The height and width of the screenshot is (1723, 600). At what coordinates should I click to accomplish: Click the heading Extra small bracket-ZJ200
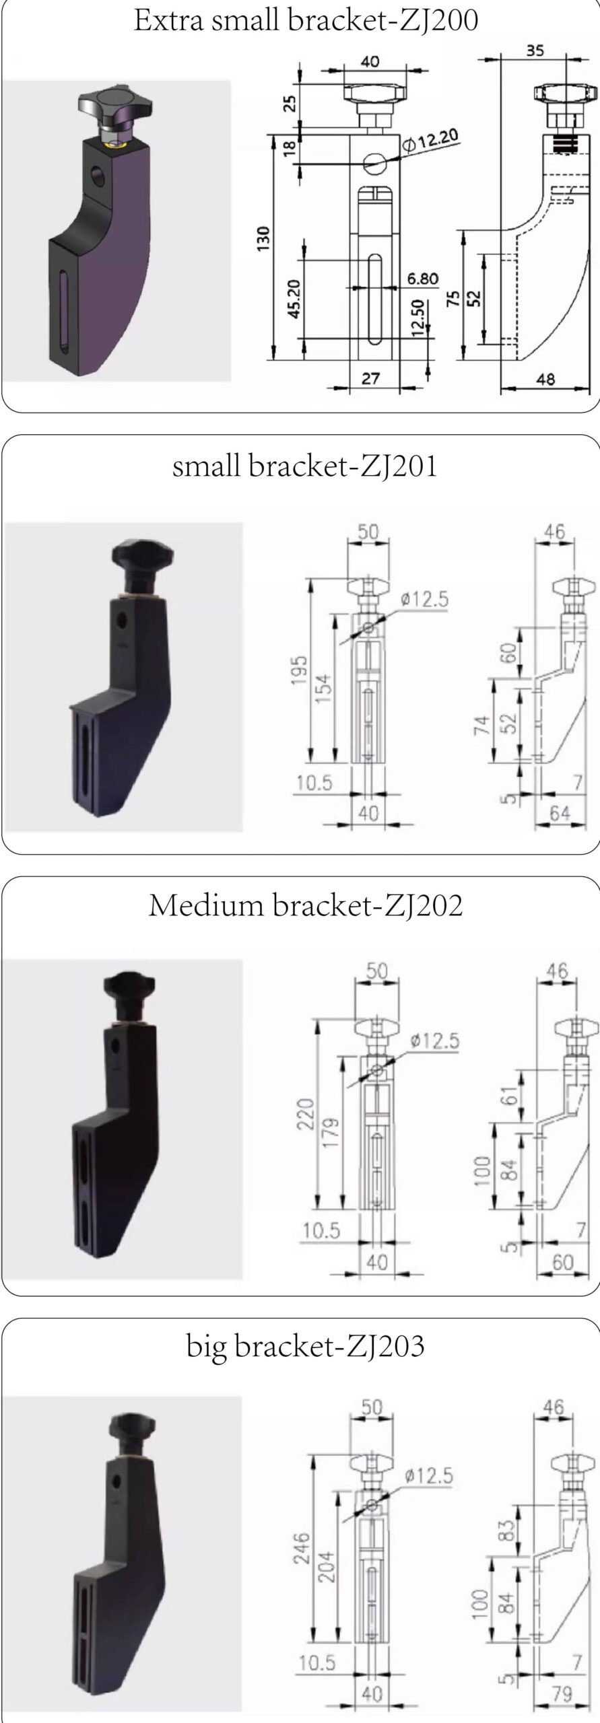click(306, 21)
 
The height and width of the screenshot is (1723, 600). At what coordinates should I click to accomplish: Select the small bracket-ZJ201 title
click(304, 466)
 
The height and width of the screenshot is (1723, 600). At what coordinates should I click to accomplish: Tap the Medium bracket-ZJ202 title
click(306, 905)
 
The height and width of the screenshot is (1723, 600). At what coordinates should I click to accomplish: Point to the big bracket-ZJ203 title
click(306, 1345)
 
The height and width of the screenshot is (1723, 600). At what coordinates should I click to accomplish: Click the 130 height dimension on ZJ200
click(263, 240)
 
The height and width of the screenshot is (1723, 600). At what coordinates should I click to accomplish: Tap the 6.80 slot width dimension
click(422, 278)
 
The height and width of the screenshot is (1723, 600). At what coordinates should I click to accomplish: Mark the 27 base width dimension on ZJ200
click(371, 378)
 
